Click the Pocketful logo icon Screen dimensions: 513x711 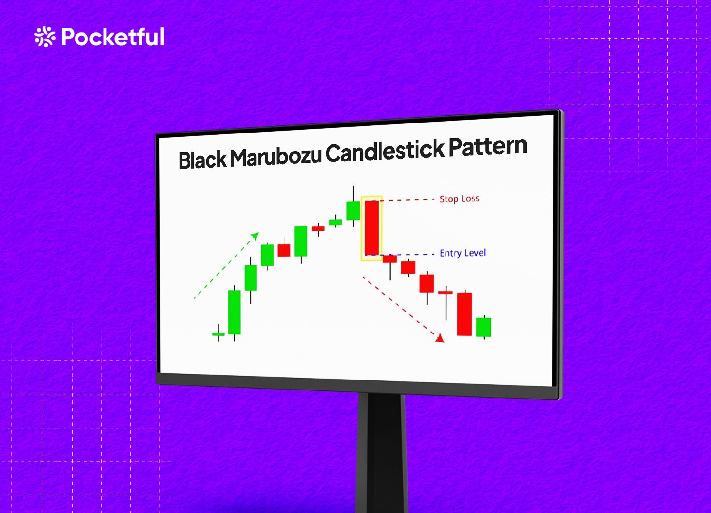(x=45, y=37)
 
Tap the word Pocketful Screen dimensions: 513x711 (x=113, y=37)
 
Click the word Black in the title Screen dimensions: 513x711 (x=202, y=160)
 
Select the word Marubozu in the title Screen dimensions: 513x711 (x=275, y=157)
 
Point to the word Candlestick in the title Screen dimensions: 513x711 (x=385, y=152)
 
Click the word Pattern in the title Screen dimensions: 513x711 (x=488, y=147)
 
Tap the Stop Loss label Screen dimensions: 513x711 (x=459, y=199)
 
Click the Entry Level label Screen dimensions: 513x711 (x=463, y=253)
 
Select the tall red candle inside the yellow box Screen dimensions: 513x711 (x=371, y=228)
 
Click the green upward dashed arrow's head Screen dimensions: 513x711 (x=256, y=236)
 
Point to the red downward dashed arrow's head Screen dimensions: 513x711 (x=440, y=338)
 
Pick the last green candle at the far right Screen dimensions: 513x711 (x=483, y=327)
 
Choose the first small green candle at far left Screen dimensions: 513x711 (x=218, y=334)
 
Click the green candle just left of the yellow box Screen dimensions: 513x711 (x=353, y=211)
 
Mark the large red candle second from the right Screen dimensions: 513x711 (x=464, y=314)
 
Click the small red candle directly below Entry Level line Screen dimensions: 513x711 (x=390, y=259)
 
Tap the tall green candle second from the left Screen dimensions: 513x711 (x=235, y=312)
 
